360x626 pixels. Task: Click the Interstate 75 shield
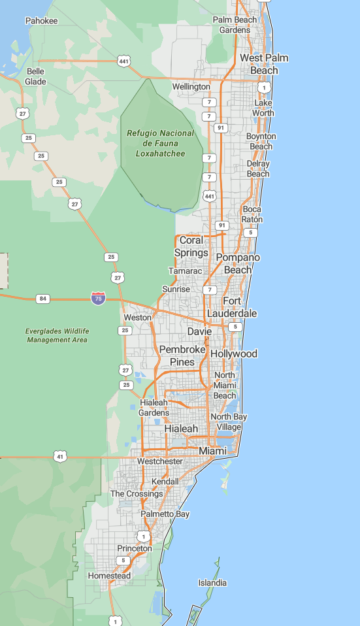[x=99, y=299]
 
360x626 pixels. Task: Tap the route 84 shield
[x=43, y=299]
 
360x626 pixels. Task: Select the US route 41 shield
[x=60, y=456]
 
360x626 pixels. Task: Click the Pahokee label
[x=41, y=21]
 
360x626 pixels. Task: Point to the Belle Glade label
[x=35, y=76]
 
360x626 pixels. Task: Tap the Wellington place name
[x=191, y=86]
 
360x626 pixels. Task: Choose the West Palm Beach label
[x=263, y=64]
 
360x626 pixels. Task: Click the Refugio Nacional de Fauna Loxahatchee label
[x=160, y=143]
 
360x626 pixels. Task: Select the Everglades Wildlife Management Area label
[x=57, y=335]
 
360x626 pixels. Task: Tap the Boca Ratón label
[x=252, y=214]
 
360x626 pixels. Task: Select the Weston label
[x=137, y=318]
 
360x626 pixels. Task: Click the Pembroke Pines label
[x=182, y=355]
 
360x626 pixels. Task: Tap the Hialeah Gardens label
[x=154, y=407]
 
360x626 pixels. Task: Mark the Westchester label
[x=159, y=461]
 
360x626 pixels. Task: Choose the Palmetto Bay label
[x=165, y=514]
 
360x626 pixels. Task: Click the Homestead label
[x=109, y=576]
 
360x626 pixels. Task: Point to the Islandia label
[x=212, y=582]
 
